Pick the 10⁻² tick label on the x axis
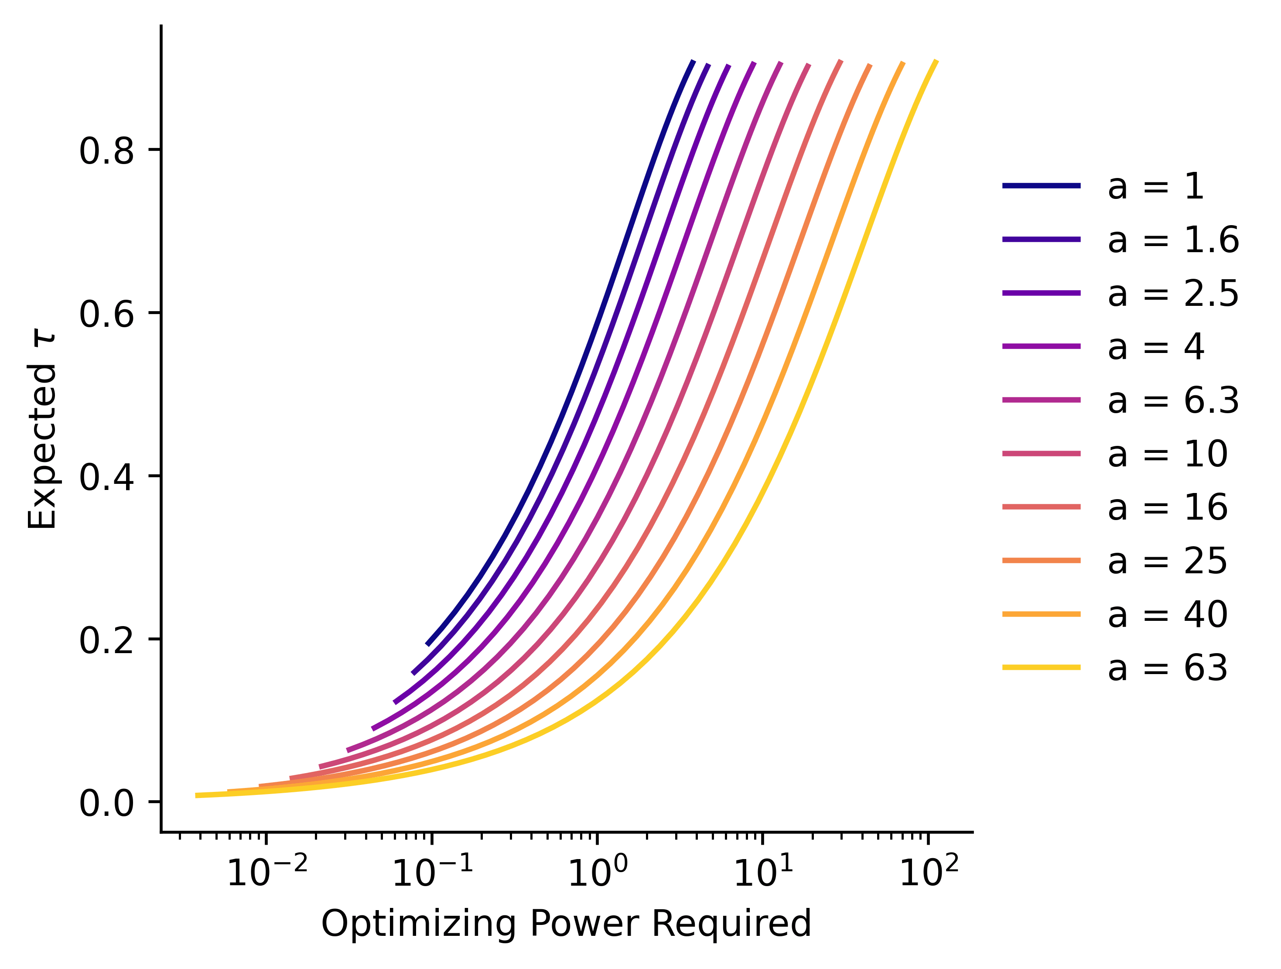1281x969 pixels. click(267, 872)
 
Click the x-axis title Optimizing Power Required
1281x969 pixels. click(566, 923)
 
